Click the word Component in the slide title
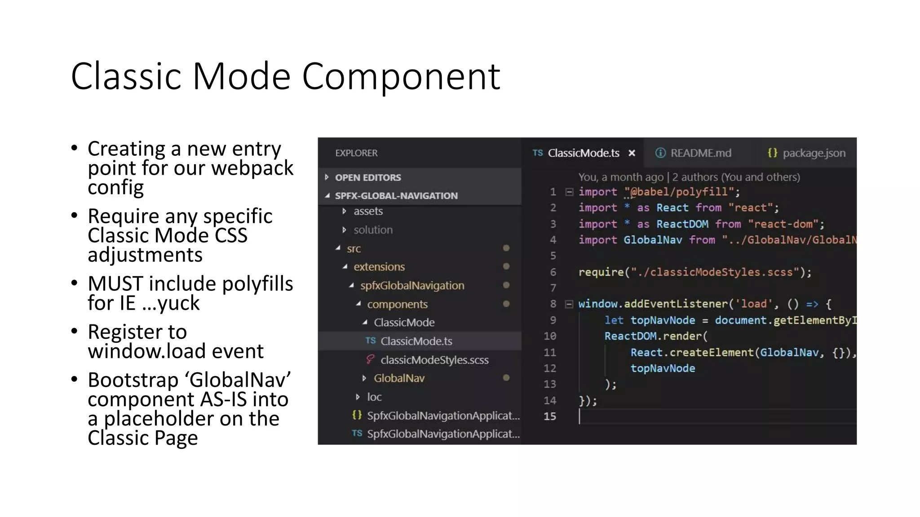tap(401, 76)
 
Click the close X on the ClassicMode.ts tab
tap(632, 153)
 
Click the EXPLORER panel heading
tap(356, 153)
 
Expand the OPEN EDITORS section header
tap(367, 177)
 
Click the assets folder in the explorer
tap(368, 211)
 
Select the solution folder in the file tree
tap(373, 230)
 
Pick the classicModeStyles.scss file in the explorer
tap(434, 360)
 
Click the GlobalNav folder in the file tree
tap(399, 378)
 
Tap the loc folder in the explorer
tap(374, 397)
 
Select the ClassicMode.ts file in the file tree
tap(416, 341)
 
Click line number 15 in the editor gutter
tap(550, 416)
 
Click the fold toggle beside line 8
tap(569, 304)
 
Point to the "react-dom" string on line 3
tap(783, 224)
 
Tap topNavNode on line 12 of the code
tap(663, 368)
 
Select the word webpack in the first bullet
tap(252, 168)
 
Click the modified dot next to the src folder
tap(506, 248)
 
